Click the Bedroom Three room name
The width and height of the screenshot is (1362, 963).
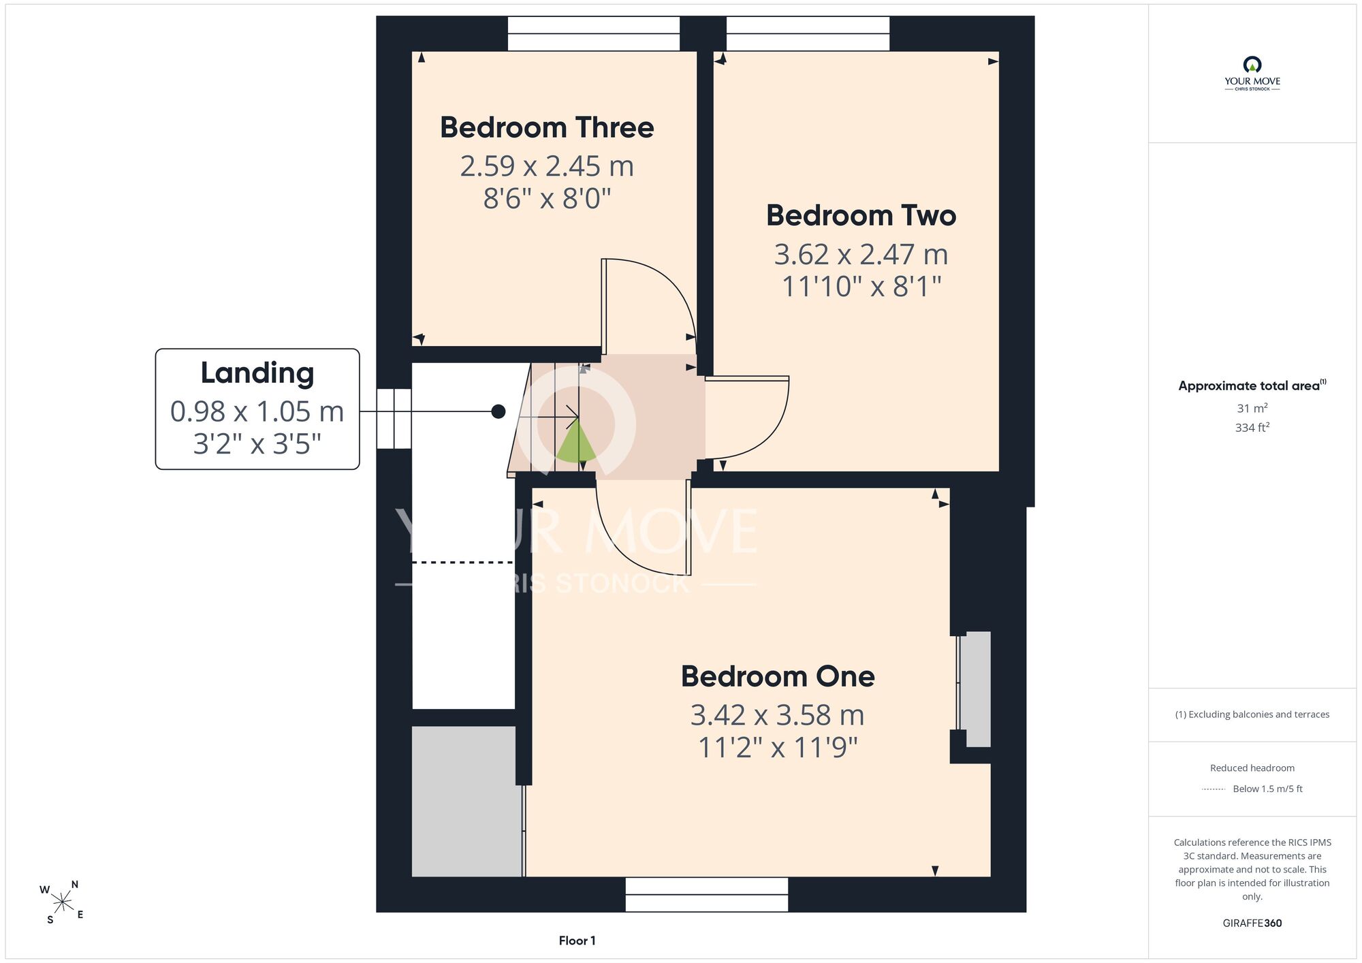pos(547,128)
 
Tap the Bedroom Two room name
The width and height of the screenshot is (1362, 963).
pos(861,216)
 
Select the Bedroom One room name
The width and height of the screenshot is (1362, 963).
pos(778,676)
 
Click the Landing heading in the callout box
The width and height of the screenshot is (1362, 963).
pos(257,374)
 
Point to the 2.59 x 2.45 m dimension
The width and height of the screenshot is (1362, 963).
pos(547,166)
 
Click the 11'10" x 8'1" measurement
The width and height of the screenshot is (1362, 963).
pos(861,287)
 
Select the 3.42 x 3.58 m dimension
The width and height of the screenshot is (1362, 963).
pos(778,715)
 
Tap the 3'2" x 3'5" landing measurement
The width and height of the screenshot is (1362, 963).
pos(257,444)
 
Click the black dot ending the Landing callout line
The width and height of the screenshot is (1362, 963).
pos(498,411)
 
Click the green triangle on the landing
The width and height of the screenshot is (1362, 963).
pos(576,443)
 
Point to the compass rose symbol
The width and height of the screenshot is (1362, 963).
pos(62,902)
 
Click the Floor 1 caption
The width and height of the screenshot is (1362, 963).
pos(577,941)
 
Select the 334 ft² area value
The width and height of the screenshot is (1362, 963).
pos(1252,428)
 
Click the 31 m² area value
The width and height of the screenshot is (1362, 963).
pos(1252,409)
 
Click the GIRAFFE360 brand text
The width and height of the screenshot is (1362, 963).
pos(1252,923)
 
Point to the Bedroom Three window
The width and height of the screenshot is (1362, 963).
pos(594,33)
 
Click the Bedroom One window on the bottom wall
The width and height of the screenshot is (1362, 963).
pos(707,894)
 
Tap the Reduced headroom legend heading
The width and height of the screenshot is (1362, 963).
pos(1252,768)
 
